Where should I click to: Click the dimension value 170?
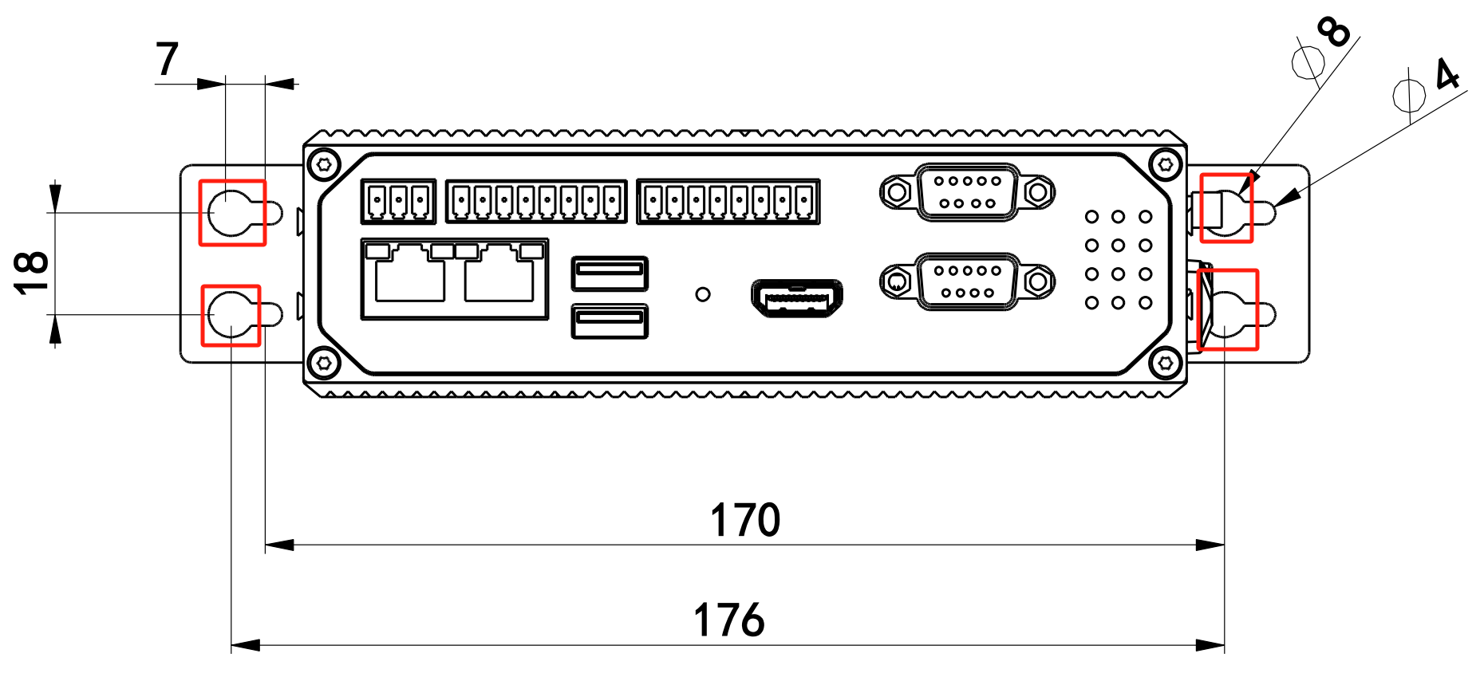tap(745, 520)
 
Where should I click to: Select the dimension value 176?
tap(729, 620)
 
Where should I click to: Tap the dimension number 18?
tap(32, 273)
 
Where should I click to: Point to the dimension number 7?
tap(167, 60)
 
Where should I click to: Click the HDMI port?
tap(796, 298)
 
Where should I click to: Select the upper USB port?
tap(610, 274)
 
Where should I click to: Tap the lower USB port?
tap(610, 321)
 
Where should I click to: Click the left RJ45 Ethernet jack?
tap(409, 275)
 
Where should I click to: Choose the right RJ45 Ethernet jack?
tap(499, 275)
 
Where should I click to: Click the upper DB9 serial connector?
tap(967, 191)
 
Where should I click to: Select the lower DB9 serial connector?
tap(967, 281)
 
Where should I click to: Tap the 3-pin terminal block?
tap(398, 201)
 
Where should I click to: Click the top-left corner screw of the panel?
tap(324, 164)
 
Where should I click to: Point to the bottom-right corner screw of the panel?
tap(1165, 364)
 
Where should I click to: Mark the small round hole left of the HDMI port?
tap(703, 294)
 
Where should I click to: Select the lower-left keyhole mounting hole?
tap(231, 315)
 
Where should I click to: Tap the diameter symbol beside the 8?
tap(1308, 62)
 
